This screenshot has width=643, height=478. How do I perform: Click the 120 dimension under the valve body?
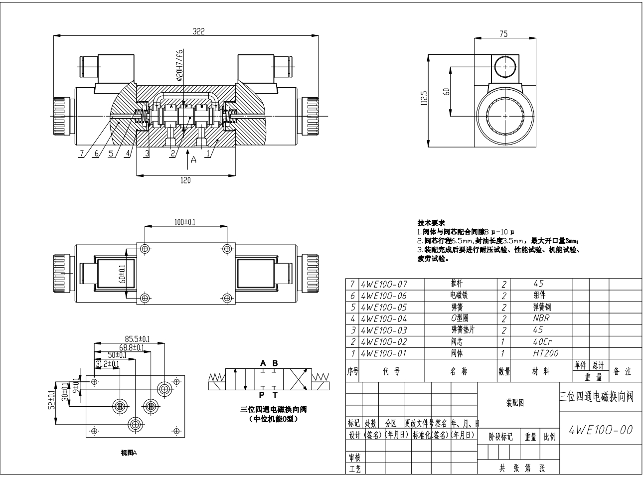coord(185,180)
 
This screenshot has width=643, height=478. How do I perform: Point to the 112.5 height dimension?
coord(424,99)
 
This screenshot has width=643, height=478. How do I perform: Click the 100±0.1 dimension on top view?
coord(185,222)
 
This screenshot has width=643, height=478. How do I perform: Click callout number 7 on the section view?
coord(81,154)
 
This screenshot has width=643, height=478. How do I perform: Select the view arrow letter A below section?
coord(194,159)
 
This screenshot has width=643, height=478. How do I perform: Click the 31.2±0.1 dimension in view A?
coord(108,364)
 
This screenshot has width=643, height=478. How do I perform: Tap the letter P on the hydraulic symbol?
coord(262,395)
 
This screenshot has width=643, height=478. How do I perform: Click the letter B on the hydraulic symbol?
coord(275,363)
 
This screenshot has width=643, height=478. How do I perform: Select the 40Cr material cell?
coord(542,342)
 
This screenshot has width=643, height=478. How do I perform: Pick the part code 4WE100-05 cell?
coord(383,308)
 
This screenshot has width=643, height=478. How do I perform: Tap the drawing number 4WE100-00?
coord(601,430)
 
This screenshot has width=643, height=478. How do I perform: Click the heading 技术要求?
coord(431,222)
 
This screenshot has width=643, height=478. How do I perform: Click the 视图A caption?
coord(129,453)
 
